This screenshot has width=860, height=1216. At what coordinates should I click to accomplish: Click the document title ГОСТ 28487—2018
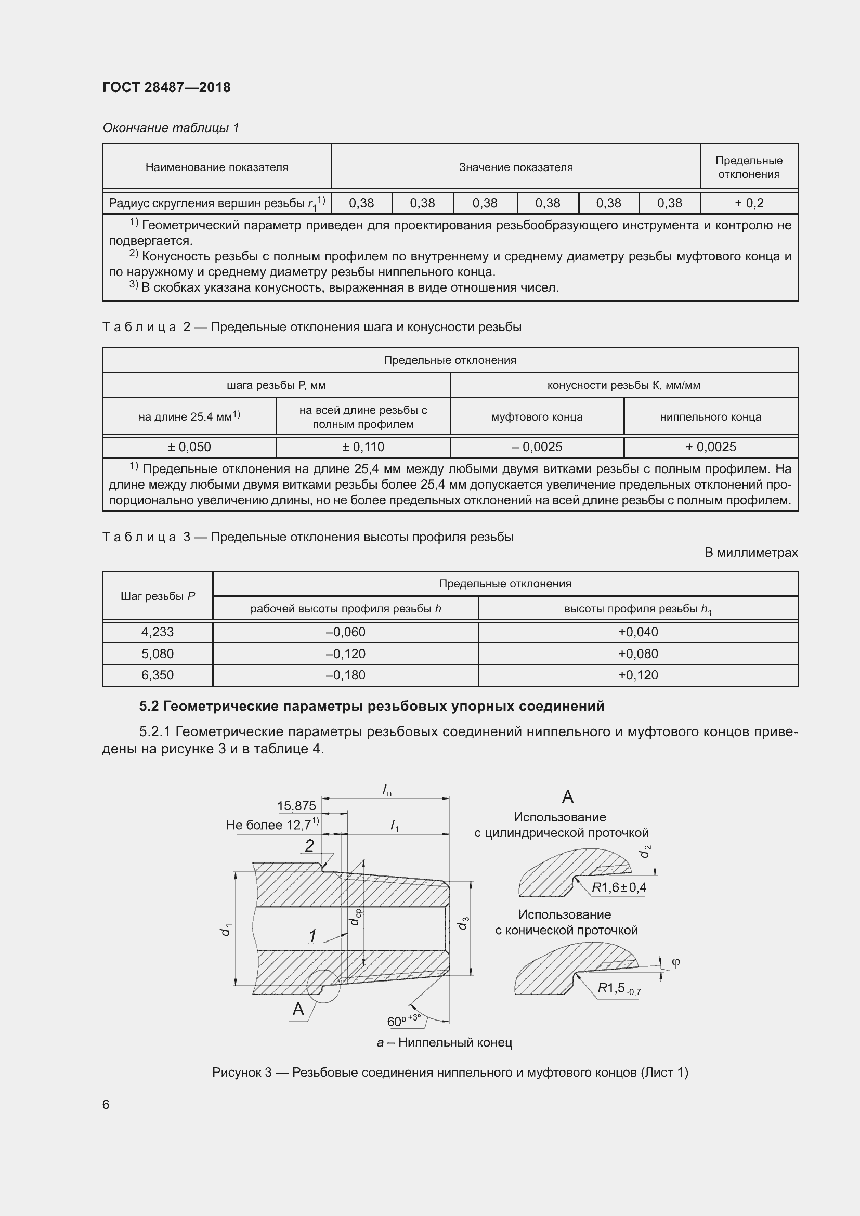tap(166, 87)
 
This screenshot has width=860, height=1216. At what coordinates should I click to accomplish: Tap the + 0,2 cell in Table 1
tap(749, 203)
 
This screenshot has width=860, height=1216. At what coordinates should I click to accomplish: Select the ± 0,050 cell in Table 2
tap(189, 447)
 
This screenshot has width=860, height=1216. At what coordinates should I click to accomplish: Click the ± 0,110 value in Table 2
tap(363, 447)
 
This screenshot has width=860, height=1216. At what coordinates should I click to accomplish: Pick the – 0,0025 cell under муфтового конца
tap(537, 447)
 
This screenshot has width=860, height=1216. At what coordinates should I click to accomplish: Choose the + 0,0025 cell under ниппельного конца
tap(711, 447)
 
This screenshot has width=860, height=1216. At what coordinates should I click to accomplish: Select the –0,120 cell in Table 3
tap(345, 653)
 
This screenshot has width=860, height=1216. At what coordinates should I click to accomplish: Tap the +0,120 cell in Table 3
tap(638, 675)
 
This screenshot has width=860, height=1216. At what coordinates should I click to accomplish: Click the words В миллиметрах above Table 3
tap(750, 553)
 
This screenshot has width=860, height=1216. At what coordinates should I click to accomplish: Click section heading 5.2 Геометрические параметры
tap(371, 706)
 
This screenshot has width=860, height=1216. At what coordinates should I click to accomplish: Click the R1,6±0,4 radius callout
tap(619, 887)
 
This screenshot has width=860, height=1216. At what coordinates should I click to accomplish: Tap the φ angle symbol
tap(676, 962)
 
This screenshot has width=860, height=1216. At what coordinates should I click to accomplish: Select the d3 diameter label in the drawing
tap(463, 923)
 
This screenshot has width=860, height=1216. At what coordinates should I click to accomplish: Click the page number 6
tap(106, 1104)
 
